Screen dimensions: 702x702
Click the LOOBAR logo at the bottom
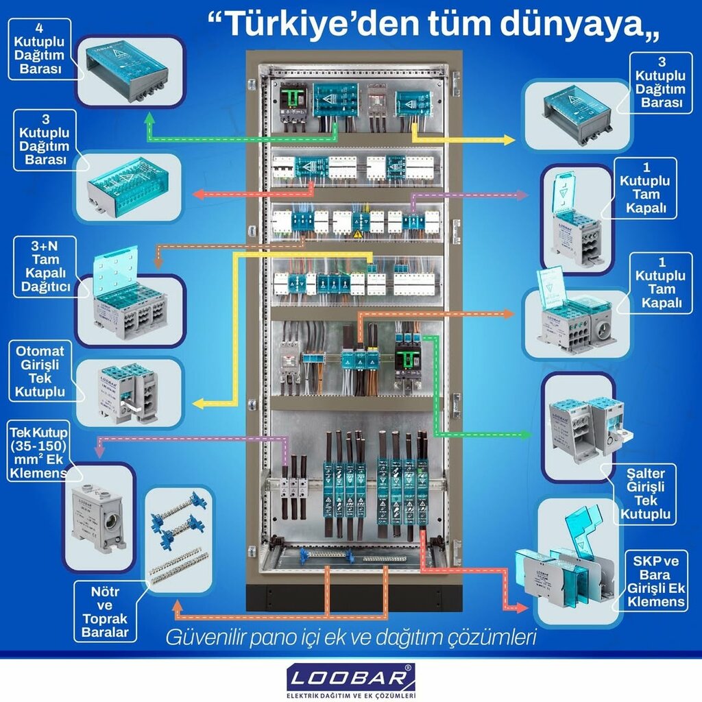(351, 679)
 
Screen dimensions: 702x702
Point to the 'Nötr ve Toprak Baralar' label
(105, 612)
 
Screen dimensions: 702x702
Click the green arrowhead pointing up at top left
(150, 119)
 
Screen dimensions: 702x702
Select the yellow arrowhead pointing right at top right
(509, 140)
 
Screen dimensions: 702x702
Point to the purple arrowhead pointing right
(522, 195)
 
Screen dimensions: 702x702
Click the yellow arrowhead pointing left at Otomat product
(198, 404)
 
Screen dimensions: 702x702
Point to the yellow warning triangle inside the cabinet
(356, 235)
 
